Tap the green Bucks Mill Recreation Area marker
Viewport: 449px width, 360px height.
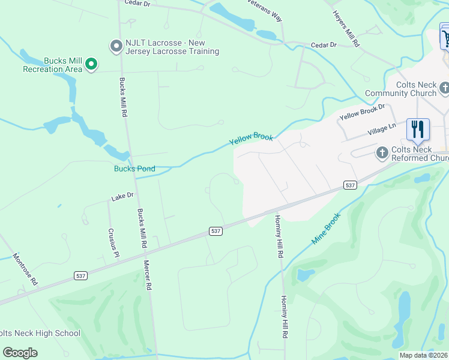(x=91, y=64)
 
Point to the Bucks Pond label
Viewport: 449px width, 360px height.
(x=134, y=169)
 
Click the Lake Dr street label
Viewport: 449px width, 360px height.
(x=121, y=197)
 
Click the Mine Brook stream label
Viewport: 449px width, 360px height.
(x=326, y=228)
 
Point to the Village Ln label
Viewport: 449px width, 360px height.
(x=382, y=129)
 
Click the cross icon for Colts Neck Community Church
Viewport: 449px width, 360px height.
(x=444, y=89)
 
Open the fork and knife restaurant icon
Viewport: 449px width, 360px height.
(x=418, y=129)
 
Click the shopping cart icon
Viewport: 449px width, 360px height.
(x=445, y=38)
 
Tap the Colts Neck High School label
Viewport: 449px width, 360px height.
(x=40, y=333)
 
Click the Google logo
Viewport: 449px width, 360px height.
(x=20, y=353)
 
